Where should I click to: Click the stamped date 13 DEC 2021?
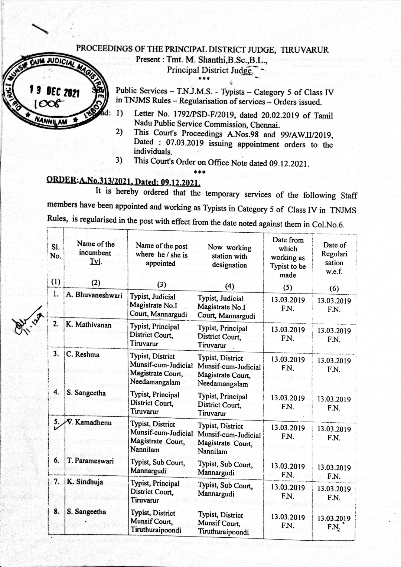point(55,91)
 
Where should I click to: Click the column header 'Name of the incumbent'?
point(95,253)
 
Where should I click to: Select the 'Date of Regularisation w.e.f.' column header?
point(334,258)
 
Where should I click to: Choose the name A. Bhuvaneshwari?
point(95,295)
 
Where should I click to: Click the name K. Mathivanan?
point(89,325)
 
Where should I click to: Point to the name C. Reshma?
point(83,354)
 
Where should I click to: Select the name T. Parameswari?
point(90,461)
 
